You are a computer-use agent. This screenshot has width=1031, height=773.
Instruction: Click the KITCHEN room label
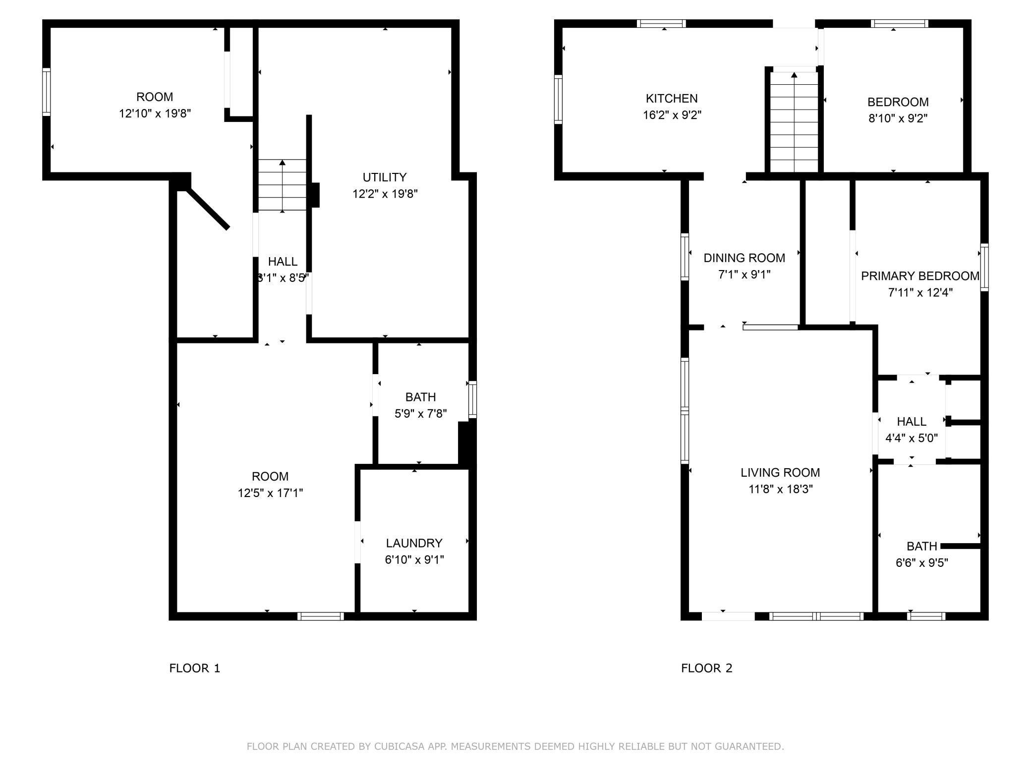point(672,99)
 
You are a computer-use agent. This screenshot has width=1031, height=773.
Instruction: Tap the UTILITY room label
point(385,177)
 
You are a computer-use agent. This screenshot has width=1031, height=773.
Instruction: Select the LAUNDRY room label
point(414,543)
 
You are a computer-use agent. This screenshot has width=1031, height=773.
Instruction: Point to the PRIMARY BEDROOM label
point(920,276)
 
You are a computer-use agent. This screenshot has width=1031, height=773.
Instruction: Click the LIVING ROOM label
point(780,473)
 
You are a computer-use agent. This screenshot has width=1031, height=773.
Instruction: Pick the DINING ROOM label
point(745,258)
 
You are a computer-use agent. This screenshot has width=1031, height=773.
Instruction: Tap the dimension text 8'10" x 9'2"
point(898,118)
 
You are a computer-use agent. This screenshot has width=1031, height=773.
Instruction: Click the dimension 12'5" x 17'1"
point(270,493)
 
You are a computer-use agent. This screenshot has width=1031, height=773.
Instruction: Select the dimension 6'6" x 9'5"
point(921,563)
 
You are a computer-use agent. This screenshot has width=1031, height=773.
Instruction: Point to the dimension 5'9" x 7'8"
point(420,414)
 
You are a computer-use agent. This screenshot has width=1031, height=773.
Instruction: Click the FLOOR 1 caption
point(194,668)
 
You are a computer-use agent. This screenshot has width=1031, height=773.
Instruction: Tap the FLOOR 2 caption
point(706,668)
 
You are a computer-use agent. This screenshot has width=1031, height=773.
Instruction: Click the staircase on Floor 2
point(794,122)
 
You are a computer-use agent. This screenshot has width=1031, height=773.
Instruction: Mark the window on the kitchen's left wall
point(558,99)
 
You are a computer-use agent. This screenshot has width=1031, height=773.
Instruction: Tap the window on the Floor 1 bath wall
point(472,399)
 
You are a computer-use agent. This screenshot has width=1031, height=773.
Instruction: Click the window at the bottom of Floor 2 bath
point(926,616)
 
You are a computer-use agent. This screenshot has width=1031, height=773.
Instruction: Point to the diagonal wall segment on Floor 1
point(207,208)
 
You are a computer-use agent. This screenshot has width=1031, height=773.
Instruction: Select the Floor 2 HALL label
point(912,422)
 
